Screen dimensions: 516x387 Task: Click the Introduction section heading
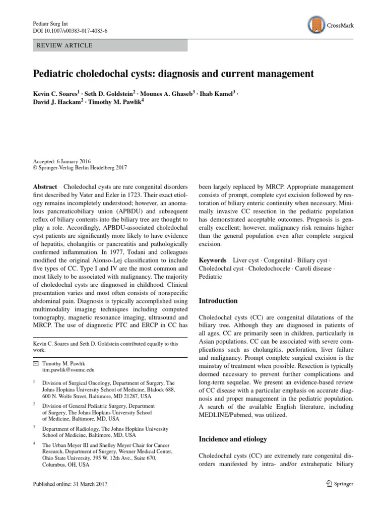pos(218,301)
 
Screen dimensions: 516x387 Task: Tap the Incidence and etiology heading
pos(233,439)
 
